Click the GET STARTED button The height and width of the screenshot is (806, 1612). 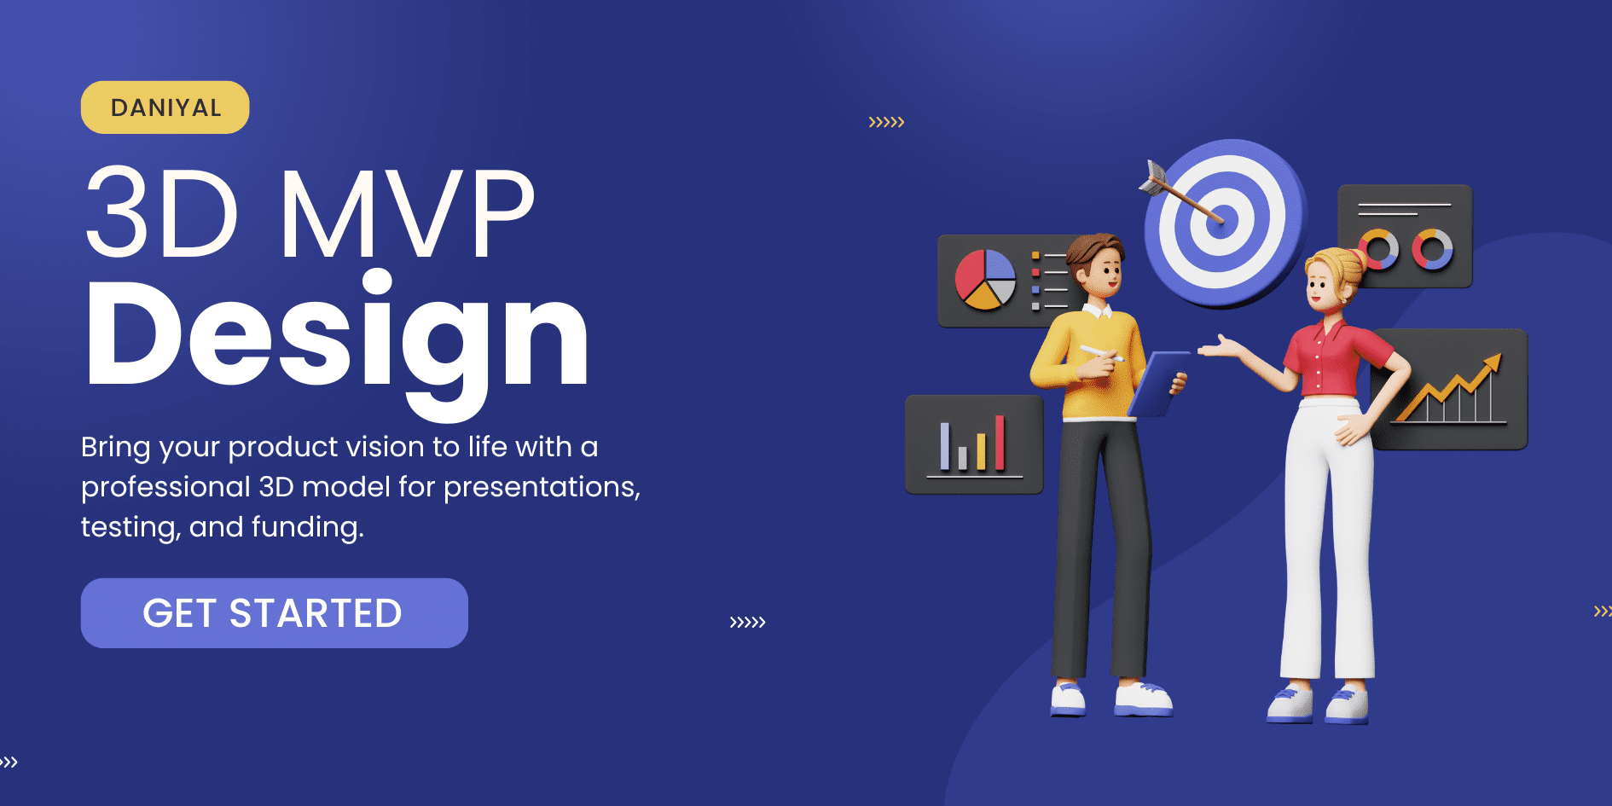point(274,613)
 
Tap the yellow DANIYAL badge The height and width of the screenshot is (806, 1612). point(165,107)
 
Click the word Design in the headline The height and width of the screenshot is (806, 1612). point(337,337)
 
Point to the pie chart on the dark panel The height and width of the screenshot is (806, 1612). point(985,279)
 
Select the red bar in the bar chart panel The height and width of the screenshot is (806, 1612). point(1000,443)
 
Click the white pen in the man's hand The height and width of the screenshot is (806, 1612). point(1100,352)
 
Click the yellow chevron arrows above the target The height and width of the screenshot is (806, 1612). point(886,122)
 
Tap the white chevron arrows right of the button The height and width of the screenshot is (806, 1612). point(747,622)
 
